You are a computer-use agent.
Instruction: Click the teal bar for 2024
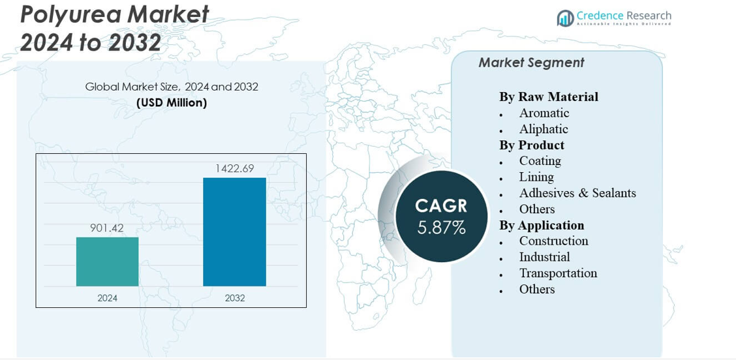pyautogui.click(x=107, y=262)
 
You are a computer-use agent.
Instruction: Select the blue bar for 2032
pyautogui.click(x=234, y=232)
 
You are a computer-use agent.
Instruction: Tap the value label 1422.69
pyautogui.click(x=234, y=168)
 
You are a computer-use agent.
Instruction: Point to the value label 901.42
pyautogui.click(x=107, y=228)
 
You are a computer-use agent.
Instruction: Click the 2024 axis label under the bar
pyautogui.click(x=107, y=298)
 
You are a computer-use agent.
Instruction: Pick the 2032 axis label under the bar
pyautogui.click(x=235, y=298)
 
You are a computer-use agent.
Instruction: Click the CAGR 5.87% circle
pyautogui.click(x=442, y=217)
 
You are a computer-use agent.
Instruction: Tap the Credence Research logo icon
pyautogui.click(x=565, y=18)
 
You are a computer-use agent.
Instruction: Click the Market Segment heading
pyautogui.click(x=531, y=63)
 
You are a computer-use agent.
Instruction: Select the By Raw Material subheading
pyautogui.click(x=548, y=97)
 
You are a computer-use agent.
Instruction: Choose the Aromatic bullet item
pyautogui.click(x=544, y=113)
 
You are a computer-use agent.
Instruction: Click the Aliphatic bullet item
pyautogui.click(x=544, y=129)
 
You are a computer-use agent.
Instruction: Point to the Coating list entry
pyautogui.click(x=540, y=160)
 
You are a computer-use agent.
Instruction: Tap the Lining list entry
pyautogui.click(x=536, y=177)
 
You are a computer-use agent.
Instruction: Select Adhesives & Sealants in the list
pyautogui.click(x=577, y=193)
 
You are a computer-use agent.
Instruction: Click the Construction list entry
pyautogui.click(x=553, y=241)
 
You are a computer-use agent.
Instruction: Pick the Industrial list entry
pyautogui.click(x=544, y=257)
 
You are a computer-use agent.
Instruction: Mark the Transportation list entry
pyautogui.click(x=558, y=273)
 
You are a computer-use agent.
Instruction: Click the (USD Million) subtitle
pyautogui.click(x=172, y=102)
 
